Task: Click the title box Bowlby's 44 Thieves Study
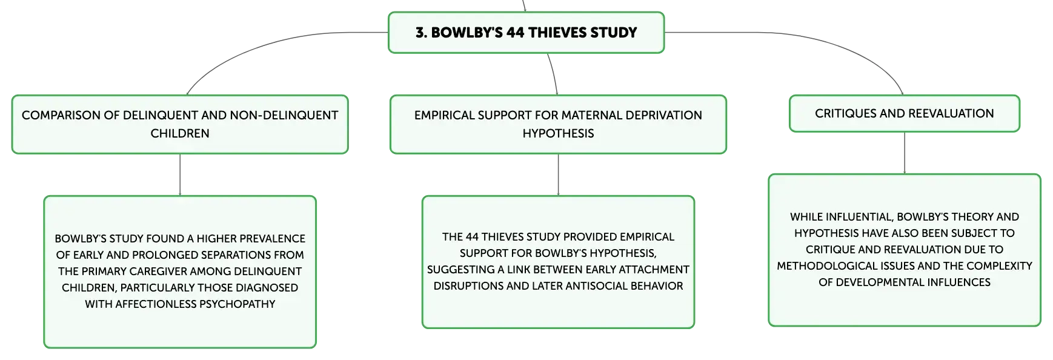526,32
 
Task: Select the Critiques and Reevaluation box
904,113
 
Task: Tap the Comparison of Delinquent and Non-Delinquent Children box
180,124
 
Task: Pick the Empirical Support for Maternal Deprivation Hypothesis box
558,124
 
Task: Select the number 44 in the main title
515,33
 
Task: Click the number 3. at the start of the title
421,33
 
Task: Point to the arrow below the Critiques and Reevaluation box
905,153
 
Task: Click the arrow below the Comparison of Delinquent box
180,175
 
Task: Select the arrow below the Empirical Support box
558,175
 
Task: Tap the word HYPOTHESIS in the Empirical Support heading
558,133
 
